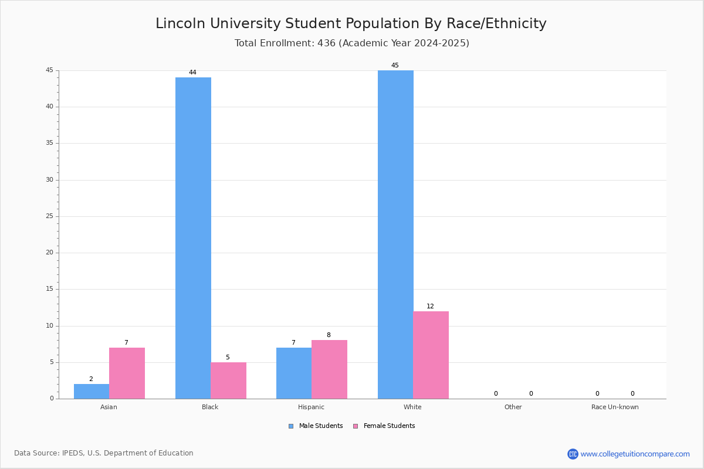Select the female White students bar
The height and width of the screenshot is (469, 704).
[x=431, y=355]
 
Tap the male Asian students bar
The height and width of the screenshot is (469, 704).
[x=92, y=391]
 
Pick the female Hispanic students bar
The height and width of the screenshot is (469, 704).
[x=329, y=369]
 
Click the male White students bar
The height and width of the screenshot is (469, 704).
[x=395, y=235]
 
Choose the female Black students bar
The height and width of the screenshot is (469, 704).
[x=228, y=380]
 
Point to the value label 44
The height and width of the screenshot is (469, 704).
[x=192, y=73]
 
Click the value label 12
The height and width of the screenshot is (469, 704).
[x=430, y=307]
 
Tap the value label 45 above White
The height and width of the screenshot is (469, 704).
[x=395, y=66]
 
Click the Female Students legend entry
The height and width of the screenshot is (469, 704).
[x=384, y=426]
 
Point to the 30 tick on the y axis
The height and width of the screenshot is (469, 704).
[x=50, y=180]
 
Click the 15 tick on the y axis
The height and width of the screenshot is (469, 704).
[x=50, y=289]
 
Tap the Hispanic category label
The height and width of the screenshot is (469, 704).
[x=311, y=407]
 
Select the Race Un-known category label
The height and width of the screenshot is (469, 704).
[x=615, y=407]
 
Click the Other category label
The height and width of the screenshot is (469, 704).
[x=513, y=407]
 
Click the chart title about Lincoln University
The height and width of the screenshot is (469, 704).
[x=351, y=23]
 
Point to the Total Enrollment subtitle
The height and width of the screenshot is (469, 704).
[x=351, y=43]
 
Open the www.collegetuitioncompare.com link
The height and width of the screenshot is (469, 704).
[x=635, y=454]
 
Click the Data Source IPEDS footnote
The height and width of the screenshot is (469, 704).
[x=104, y=453]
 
